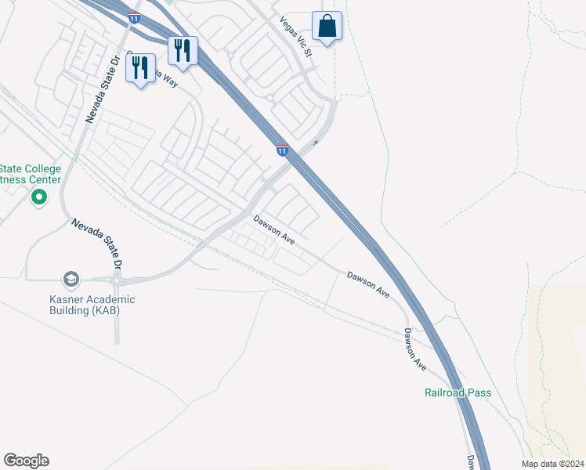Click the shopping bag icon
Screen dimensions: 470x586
coord(327,26)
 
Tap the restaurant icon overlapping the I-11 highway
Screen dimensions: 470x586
coord(183,51)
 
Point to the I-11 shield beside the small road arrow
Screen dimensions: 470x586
coord(282,149)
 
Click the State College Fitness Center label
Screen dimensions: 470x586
coord(30,174)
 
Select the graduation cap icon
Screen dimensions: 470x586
coord(71,280)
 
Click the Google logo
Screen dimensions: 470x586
coord(26,461)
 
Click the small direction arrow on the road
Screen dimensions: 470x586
coord(316,143)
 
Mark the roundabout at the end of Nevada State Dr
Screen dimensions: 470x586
coord(117,280)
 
